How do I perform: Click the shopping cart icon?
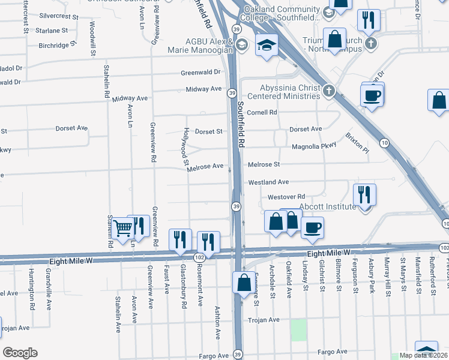pyautogui.click(x=122, y=227)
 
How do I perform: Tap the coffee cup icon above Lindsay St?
pyautogui.click(x=312, y=227)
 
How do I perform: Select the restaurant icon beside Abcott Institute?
pyautogui.click(x=365, y=194)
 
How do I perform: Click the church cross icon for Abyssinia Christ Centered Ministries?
pyautogui.click(x=328, y=91)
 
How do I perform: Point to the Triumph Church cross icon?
pyautogui.click(x=371, y=43)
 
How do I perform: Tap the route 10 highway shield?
pyautogui.click(x=384, y=142)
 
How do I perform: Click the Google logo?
pyautogui.click(x=20, y=352)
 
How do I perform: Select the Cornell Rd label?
pyautogui.click(x=262, y=112)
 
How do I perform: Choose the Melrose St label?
pyautogui.click(x=264, y=164)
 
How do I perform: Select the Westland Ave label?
pyautogui.click(x=269, y=181)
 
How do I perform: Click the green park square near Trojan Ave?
pyautogui.click(x=298, y=330)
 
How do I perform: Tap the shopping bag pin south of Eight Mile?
pyautogui.click(x=244, y=283)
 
